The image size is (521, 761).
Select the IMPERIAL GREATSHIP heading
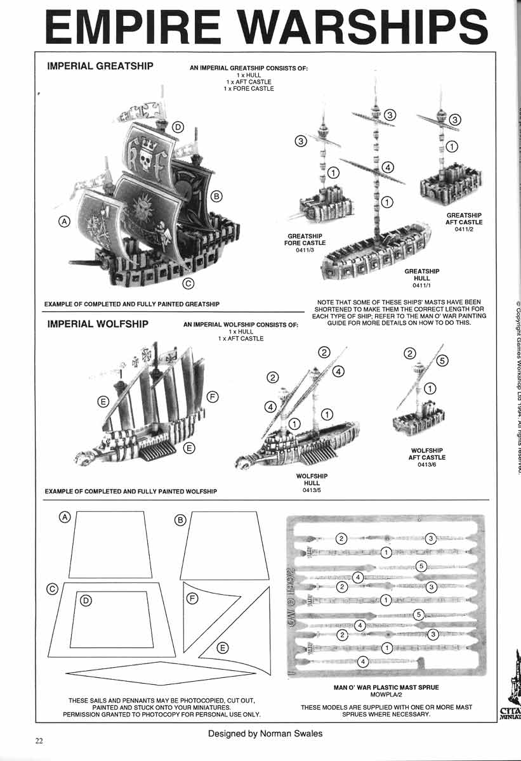100,66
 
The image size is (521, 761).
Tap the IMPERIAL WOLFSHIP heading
98,324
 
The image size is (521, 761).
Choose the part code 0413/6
428,464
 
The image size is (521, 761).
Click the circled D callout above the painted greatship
178,127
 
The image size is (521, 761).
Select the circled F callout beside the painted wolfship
213,397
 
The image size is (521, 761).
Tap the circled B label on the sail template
180,520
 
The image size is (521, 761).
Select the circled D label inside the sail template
87,599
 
